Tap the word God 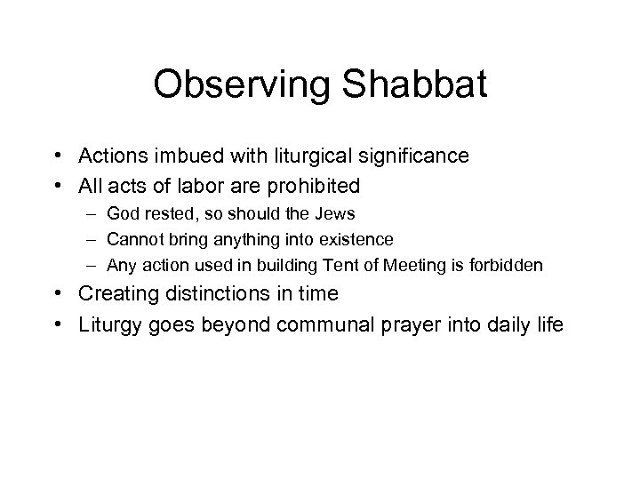click(x=122, y=214)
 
